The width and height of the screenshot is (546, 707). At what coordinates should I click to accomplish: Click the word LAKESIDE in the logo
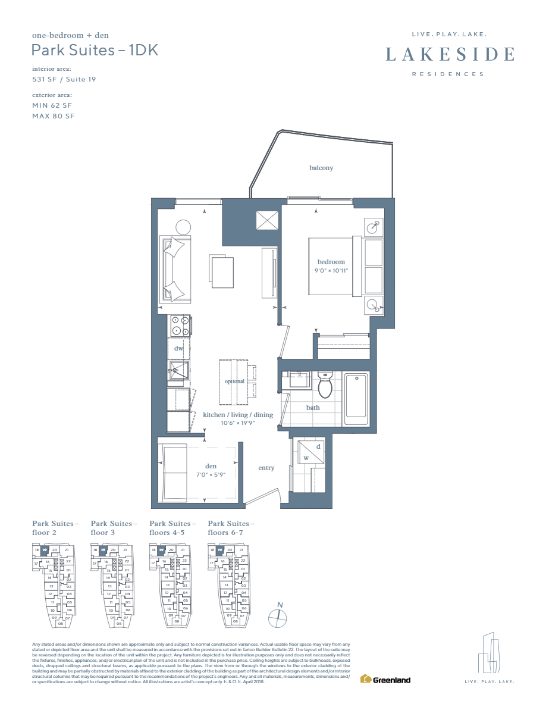tap(450, 55)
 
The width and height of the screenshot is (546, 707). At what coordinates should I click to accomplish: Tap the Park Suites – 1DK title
tap(95, 50)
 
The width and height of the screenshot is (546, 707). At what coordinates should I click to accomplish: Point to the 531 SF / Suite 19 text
tap(64, 79)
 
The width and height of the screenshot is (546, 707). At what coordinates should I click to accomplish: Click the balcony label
tap(321, 168)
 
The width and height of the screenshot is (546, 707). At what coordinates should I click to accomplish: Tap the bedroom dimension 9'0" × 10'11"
tap(331, 270)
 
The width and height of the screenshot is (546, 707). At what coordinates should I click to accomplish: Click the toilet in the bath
tap(325, 386)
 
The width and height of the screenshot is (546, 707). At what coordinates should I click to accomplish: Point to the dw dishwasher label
tap(178, 348)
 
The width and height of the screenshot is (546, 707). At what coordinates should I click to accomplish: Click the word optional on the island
tap(234, 381)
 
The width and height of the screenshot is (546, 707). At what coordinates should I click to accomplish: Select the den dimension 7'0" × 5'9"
tap(211, 474)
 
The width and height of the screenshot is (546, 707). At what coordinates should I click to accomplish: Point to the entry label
tap(266, 468)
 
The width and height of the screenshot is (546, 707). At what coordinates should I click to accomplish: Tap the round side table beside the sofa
tap(183, 227)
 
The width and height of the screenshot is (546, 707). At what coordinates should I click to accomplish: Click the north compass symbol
tap(278, 615)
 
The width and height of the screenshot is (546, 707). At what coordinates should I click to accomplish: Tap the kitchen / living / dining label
tap(237, 415)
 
